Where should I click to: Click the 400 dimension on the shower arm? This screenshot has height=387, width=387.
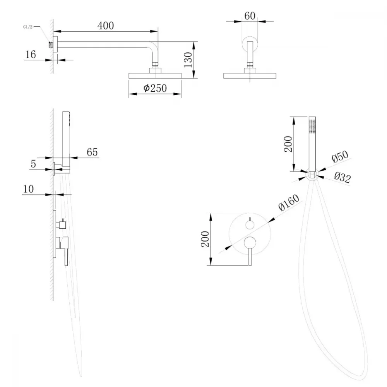click(x=106, y=26)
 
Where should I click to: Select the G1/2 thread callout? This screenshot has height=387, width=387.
click(x=27, y=27)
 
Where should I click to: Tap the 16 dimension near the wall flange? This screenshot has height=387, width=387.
click(x=31, y=54)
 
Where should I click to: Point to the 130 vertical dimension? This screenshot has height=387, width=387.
click(x=188, y=60)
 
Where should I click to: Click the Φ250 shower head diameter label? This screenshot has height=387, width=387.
click(x=155, y=88)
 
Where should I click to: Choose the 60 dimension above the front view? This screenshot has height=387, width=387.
click(x=250, y=16)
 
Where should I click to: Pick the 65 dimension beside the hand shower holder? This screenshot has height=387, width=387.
click(x=92, y=152)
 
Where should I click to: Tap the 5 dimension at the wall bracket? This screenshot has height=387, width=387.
click(x=33, y=164)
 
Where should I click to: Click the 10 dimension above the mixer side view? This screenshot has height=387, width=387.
click(x=28, y=189)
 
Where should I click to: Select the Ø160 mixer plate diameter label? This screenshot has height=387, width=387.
click(x=289, y=202)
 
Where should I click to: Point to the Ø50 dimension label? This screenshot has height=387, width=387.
click(x=340, y=156)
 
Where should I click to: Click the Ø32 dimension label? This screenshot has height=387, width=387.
click(x=342, y=177)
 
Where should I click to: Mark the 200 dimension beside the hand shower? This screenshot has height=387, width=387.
click(x=288, y=144)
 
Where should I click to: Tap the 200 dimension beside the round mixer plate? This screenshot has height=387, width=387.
click(x=205, y=239)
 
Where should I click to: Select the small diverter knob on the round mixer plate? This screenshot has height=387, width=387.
click(x=250, y=225)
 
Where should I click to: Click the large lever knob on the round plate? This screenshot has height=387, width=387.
click(x=250, y=243)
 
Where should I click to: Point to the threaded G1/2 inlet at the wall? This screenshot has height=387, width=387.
click(x=51, y=45)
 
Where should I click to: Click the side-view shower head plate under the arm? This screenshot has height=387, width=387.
click(x=155, y=75)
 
